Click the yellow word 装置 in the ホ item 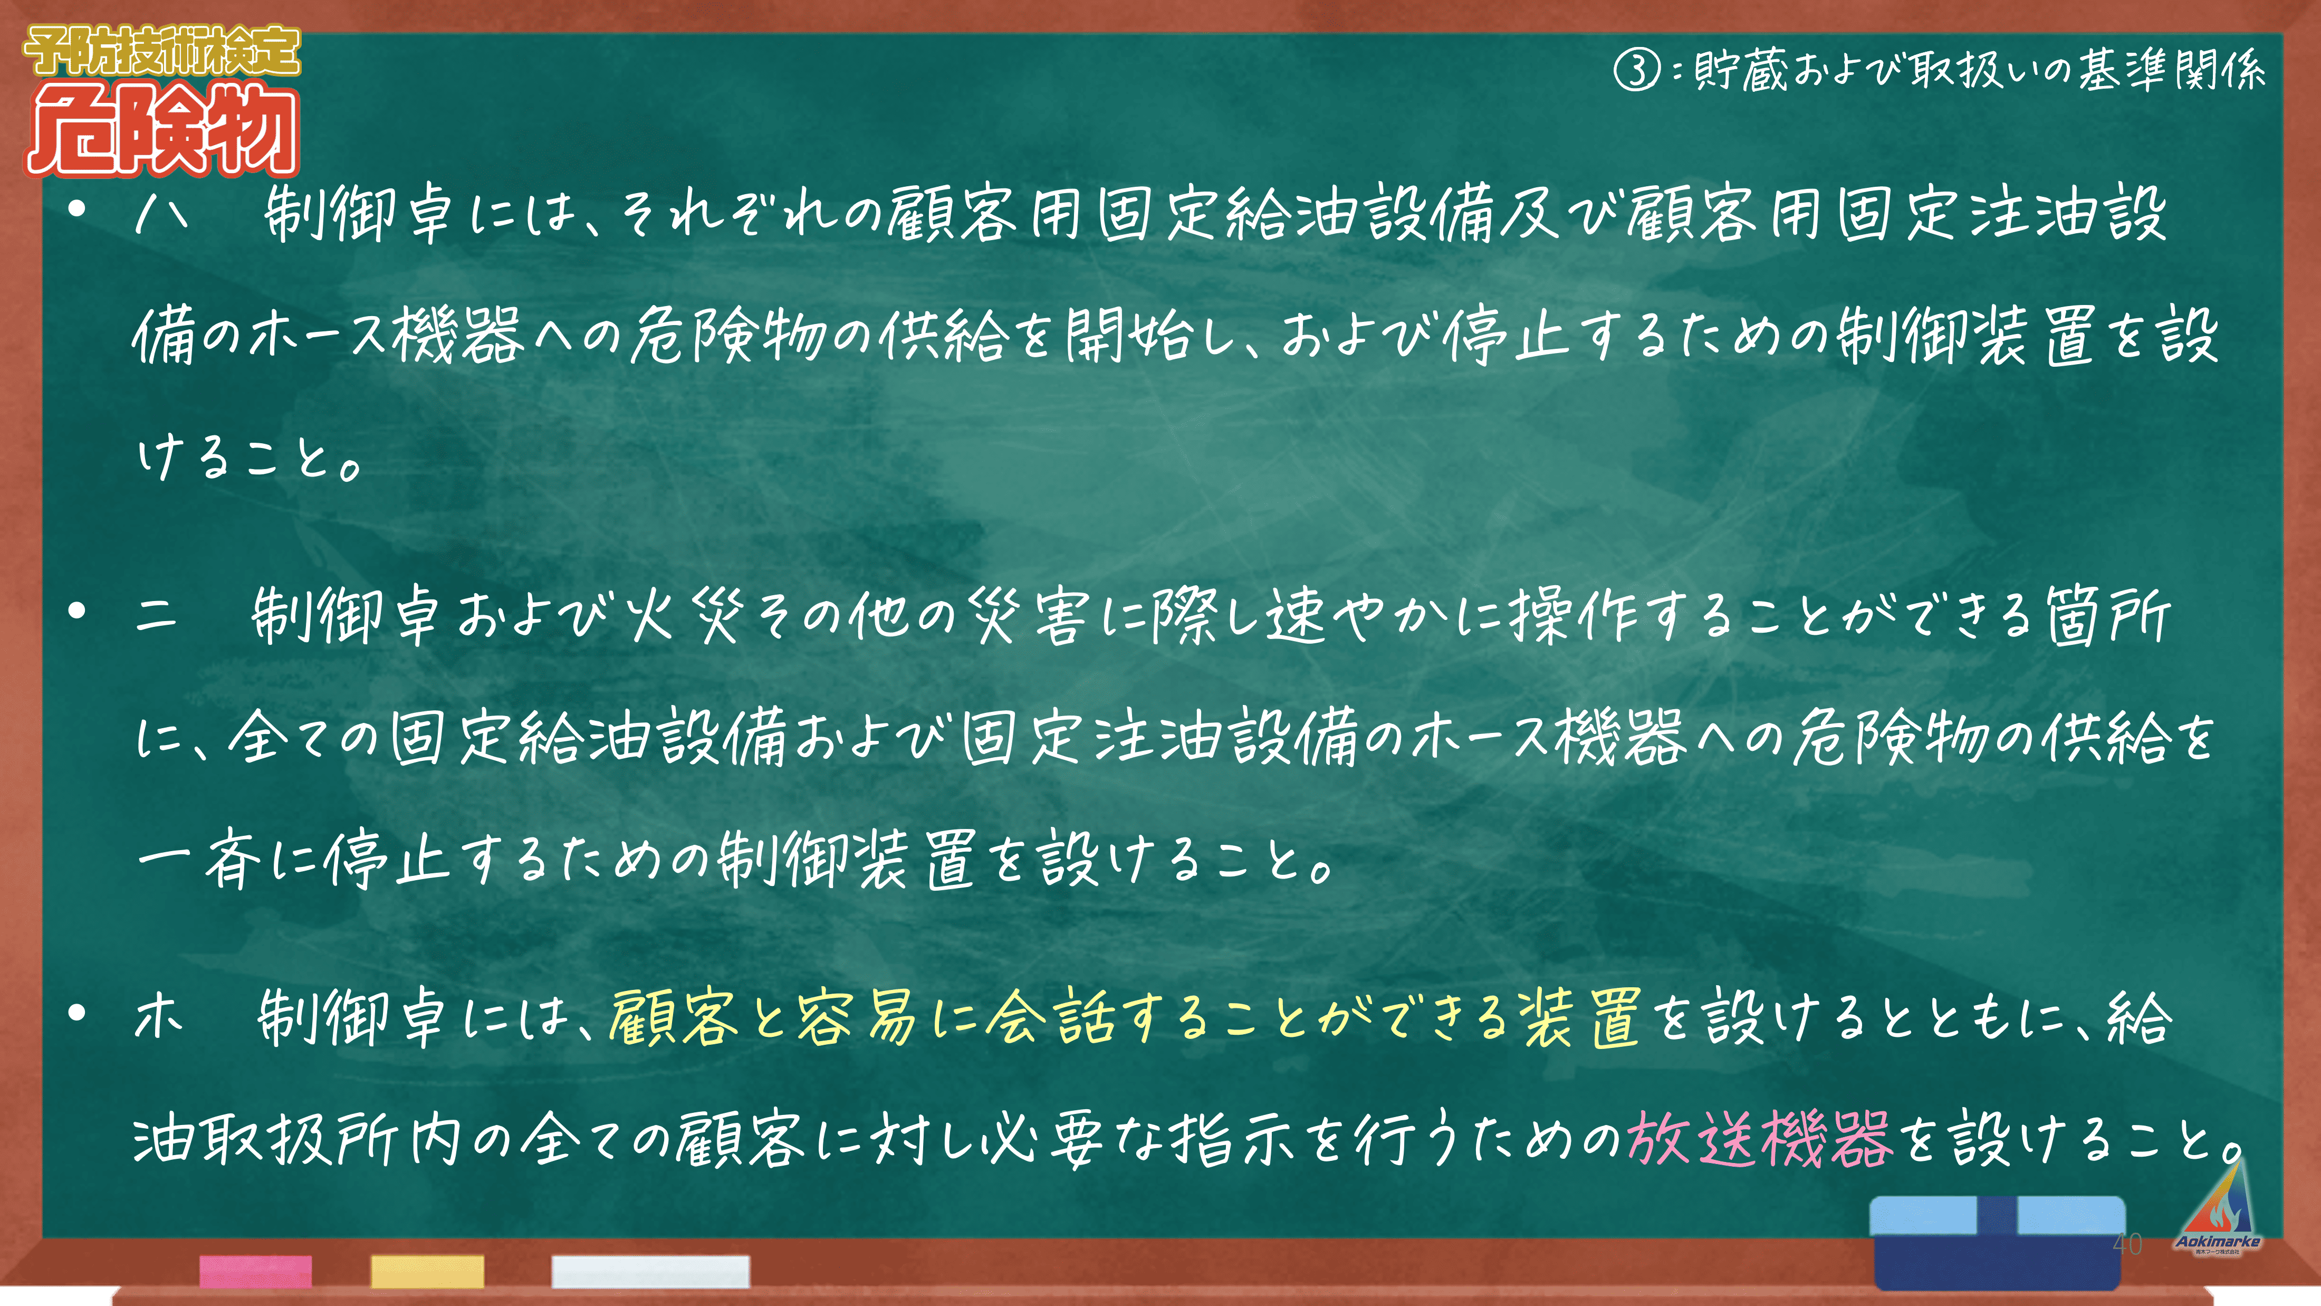coord(1581,1017)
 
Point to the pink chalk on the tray coord(256,1271)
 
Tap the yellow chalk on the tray coord(427,1271)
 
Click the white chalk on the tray coord(650,1271)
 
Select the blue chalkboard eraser coord(1999,1242)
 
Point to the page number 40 coord(2128,1244)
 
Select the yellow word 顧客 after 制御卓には coord(674,1017)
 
